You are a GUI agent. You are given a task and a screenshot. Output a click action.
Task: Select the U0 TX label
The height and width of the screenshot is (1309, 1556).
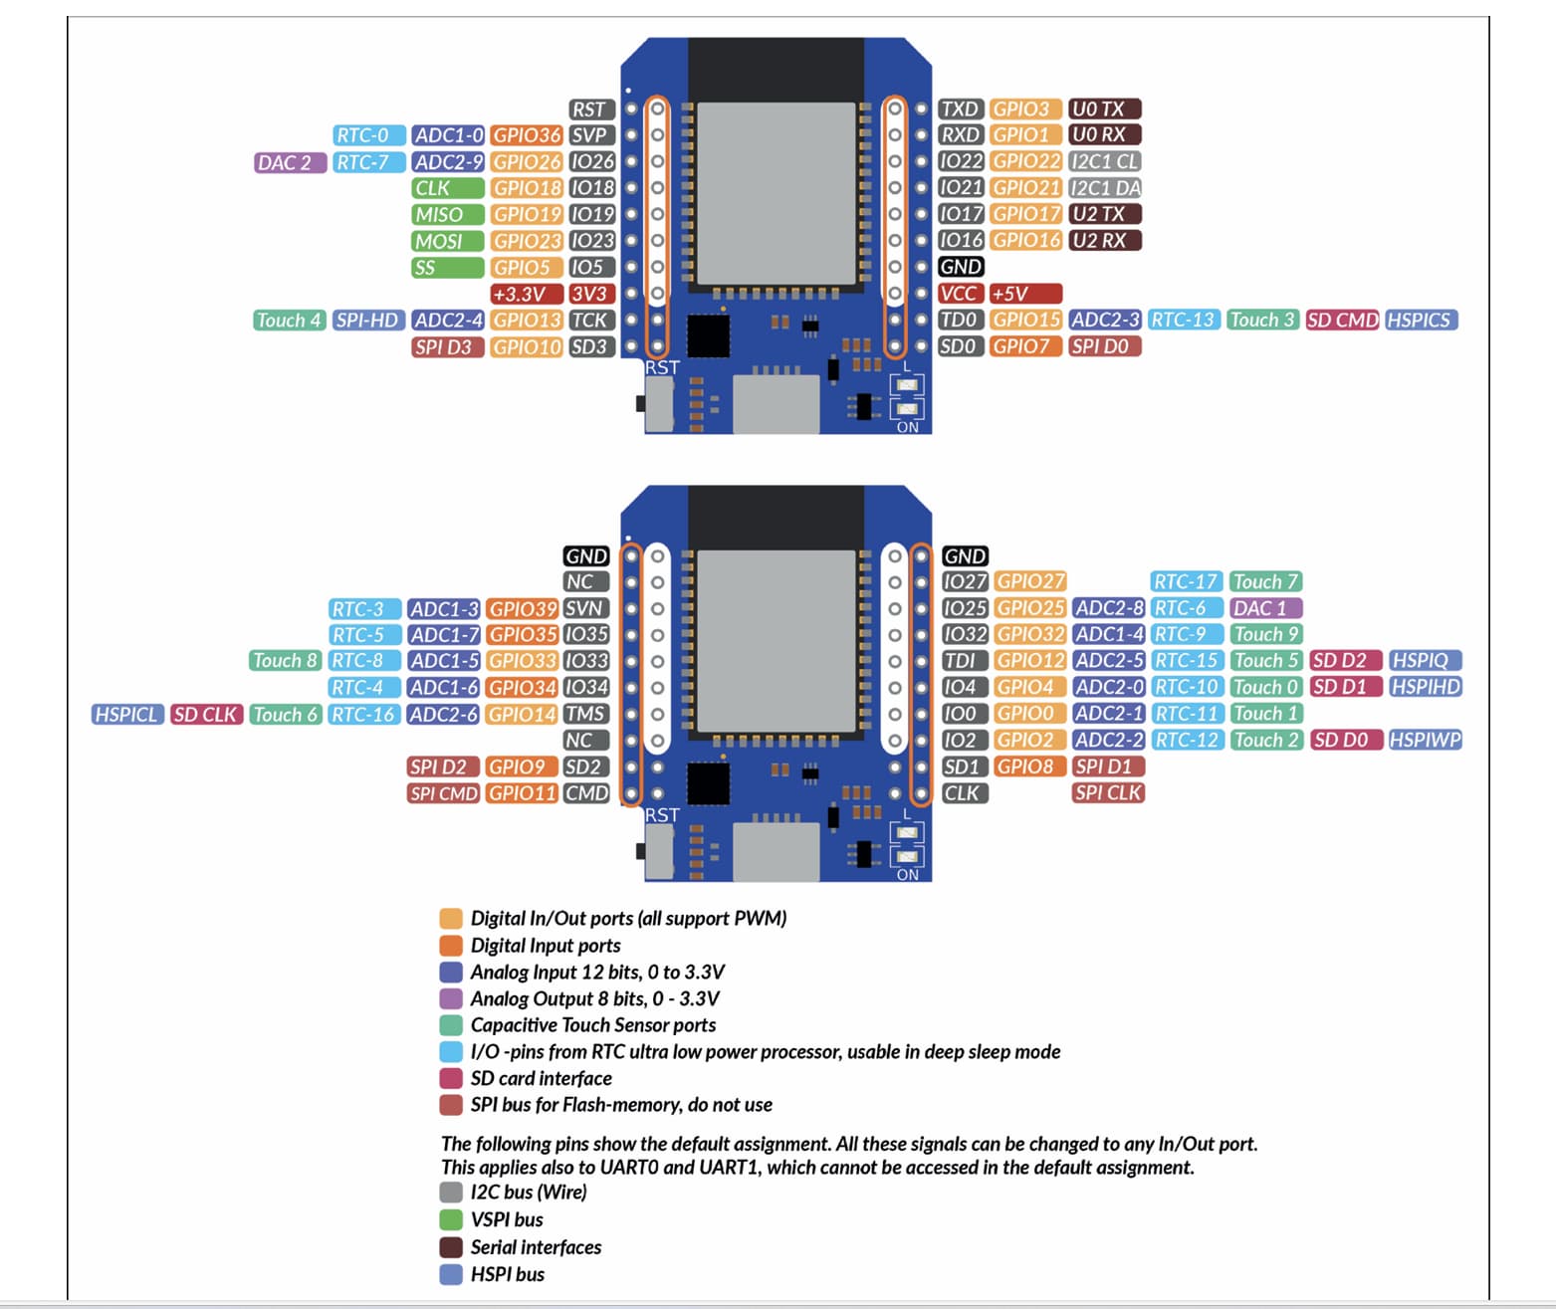(x=1103, y=109)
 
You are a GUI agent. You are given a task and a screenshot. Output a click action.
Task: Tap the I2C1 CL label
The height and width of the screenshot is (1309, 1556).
(x=1104, y=161)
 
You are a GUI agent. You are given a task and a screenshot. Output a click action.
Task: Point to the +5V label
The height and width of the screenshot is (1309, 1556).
(x=1024, y=294)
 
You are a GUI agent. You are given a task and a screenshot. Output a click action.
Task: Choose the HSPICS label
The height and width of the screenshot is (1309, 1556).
(x=1421, y=321)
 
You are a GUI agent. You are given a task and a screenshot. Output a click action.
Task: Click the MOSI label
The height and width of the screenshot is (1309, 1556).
(x=447, y=241)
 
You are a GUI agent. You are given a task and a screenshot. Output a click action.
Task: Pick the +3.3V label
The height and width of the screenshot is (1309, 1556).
(x=526, y=294)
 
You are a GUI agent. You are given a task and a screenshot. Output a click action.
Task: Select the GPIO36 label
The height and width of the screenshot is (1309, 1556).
(x=526, y=135)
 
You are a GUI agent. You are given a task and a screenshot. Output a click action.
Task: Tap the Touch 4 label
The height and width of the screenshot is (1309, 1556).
(x=288, y=321)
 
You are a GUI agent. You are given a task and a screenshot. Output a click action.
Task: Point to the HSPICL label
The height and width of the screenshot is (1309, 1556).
(x=126, y=714)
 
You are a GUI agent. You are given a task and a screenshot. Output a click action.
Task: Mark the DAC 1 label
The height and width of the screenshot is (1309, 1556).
(x=1265, y=608)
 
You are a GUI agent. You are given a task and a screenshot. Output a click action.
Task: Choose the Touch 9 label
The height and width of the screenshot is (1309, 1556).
(x=1265, y=634)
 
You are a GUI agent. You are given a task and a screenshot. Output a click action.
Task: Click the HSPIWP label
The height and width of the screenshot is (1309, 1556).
(x=1425, y=740)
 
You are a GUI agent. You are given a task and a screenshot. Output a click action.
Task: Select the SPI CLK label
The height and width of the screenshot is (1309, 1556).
(x=1108, y=793)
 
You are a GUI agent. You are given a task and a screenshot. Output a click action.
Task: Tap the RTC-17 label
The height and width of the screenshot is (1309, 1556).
(x=1186, y=581)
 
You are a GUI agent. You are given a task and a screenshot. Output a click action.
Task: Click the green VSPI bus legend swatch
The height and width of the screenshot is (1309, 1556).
(x=451, y=1219)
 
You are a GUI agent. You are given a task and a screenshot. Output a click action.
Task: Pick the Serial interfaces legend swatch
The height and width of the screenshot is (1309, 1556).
(x=451, y=1247)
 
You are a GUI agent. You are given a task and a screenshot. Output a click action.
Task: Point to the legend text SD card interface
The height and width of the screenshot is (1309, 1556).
(x=541, y=1078)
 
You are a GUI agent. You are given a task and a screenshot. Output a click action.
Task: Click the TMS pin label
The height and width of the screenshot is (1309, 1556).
(x=585, y=714)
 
